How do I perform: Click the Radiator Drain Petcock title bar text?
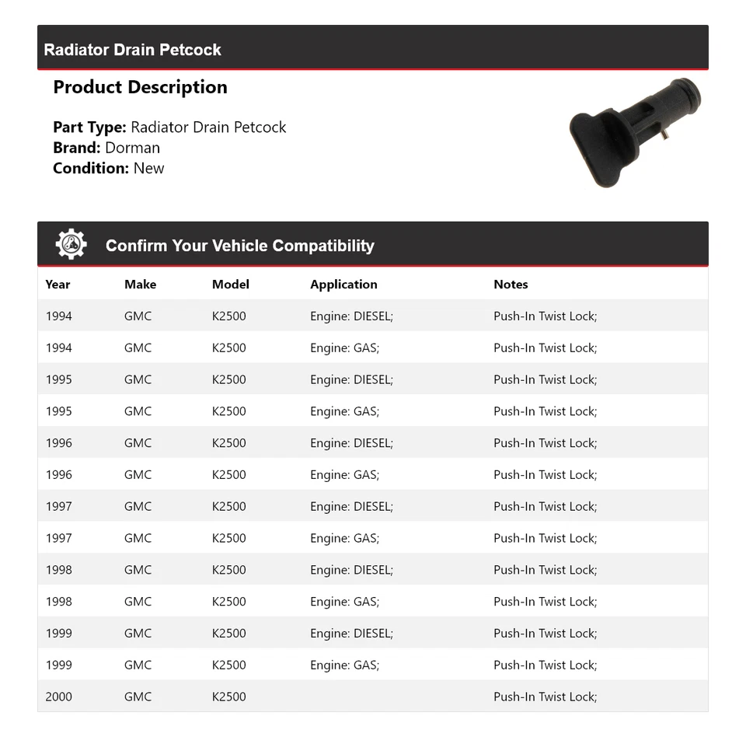tap(132, 50)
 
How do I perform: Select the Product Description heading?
tap(140, 87)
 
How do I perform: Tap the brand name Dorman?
tap(132, 148)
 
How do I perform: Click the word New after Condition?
tap(148, 168)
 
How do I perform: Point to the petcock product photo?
tap(633, 132)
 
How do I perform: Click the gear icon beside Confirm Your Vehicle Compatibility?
tap(71, 245)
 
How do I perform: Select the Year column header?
tap(58, 285)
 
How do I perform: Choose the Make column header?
tap(140, 285)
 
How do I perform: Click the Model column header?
tap(230, 285)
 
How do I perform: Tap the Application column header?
tap(343, 285)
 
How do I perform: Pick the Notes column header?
tap(511, 285)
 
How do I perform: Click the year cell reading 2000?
tap(58, 697)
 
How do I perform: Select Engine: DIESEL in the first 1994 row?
tap(351, 316)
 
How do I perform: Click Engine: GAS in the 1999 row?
tap(344, 665)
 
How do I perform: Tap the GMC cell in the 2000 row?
tap(138, 697)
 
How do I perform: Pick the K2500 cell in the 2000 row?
tap(228, 697)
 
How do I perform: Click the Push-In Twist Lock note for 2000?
tap(545, 697)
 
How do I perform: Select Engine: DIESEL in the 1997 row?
tap(351, 507)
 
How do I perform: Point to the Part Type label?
tap(89, 127)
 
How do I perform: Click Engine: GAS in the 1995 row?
tap(344, 411)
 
